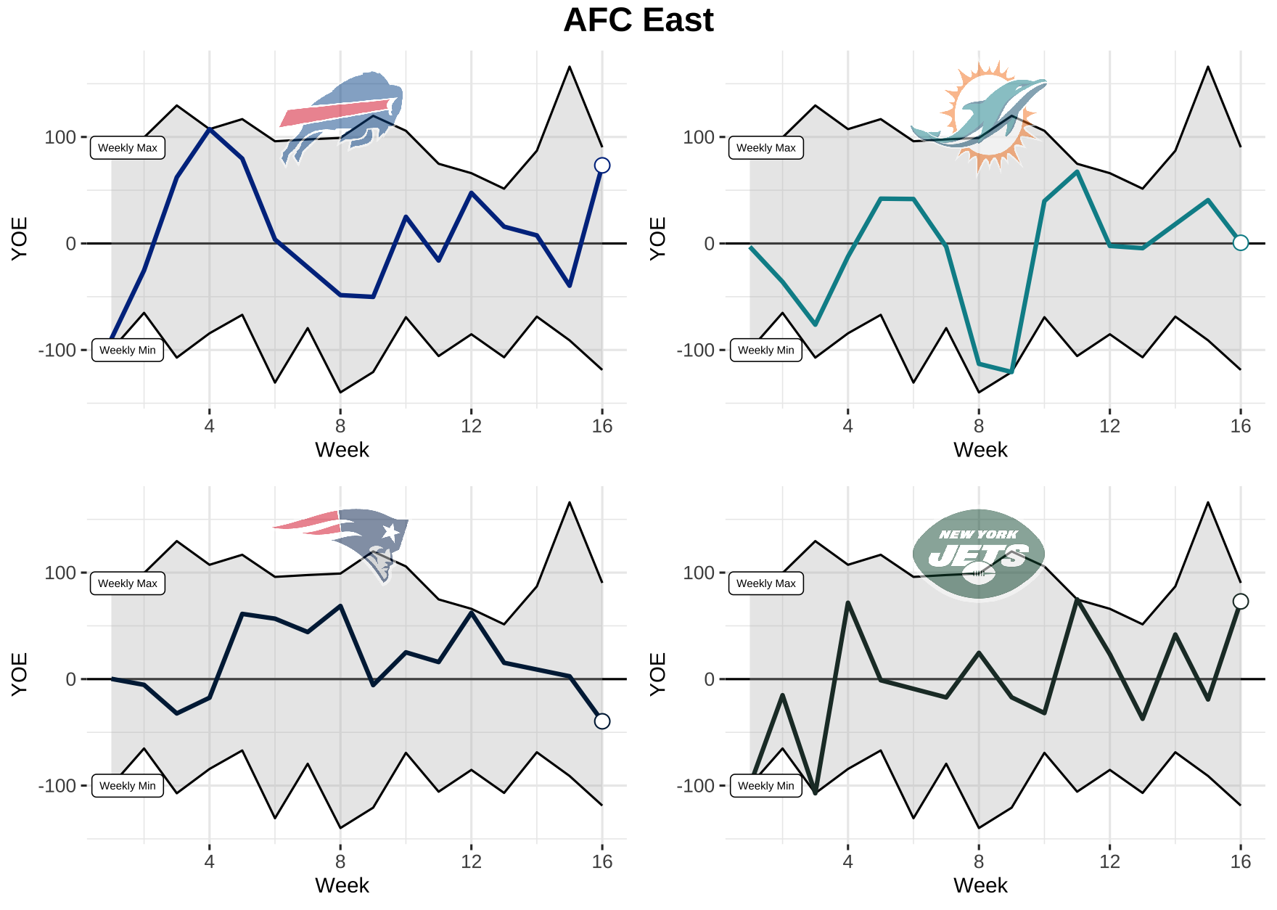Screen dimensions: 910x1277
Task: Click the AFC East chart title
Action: [638, 20]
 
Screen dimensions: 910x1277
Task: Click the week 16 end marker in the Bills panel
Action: [602, 165]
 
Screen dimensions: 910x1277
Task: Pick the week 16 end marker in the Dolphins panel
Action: [1241, 242]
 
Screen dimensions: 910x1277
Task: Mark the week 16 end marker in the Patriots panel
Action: [602, 721]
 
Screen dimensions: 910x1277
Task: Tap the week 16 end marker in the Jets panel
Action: [1241, 601]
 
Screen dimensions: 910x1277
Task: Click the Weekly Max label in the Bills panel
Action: [128, 148]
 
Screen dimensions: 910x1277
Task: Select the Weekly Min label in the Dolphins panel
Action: [766, 350]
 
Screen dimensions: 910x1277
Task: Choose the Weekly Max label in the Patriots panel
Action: [128, 583]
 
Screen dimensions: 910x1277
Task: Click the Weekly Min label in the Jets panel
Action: [766, 785]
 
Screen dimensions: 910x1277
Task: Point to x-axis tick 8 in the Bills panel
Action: [340, 426]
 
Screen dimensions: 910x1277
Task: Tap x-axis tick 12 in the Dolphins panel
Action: [1109, 426]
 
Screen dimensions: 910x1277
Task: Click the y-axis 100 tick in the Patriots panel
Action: [60, 573]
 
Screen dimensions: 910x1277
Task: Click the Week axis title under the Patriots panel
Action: [342, 885]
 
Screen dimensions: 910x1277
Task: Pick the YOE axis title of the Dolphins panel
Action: [657, 238]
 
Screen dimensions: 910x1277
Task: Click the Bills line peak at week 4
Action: [210, 129]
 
